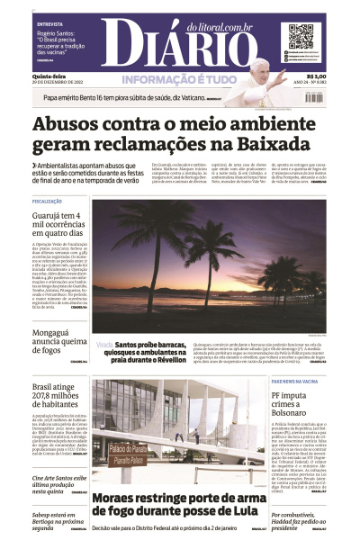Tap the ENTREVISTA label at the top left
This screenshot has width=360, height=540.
(50, 26)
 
